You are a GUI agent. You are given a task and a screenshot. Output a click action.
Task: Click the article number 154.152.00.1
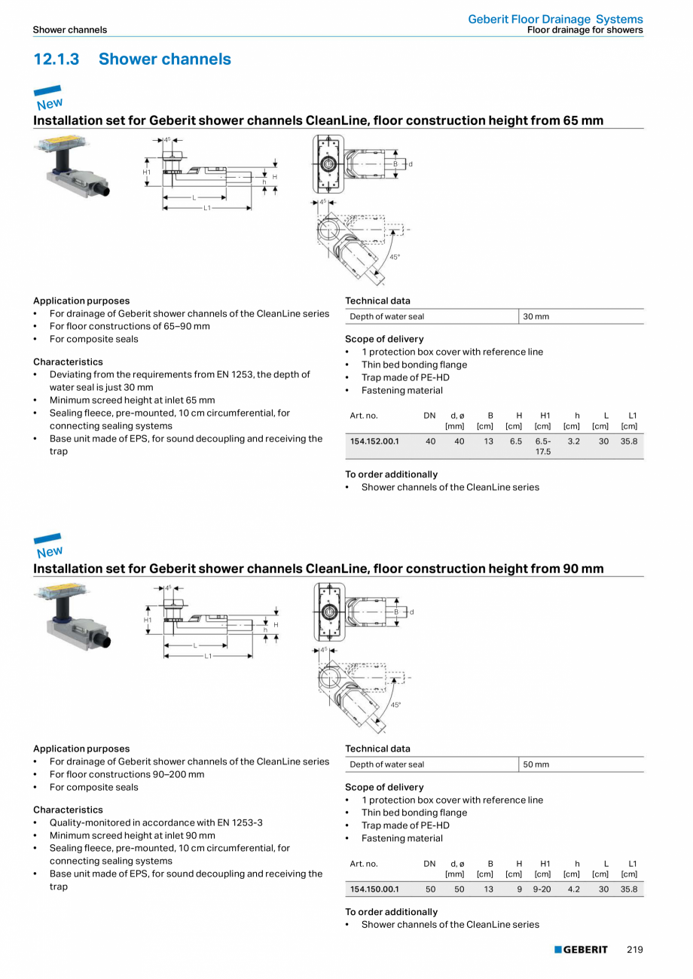(x=374, y=441)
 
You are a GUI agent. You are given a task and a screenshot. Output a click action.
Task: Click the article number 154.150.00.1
(x=374, y=889)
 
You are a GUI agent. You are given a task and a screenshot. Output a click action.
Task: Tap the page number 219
(x=634, y=950)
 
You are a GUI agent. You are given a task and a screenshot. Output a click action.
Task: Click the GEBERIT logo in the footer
(x=581, y=950)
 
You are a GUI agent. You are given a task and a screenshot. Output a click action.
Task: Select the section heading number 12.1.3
(x=56, y=59)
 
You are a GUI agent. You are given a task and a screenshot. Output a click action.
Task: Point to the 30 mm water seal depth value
(x=536, y=316)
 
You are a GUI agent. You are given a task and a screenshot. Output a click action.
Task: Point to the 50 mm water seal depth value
(x=536, y=764)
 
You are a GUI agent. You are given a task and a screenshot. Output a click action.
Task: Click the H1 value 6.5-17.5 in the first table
(x=542, y=446)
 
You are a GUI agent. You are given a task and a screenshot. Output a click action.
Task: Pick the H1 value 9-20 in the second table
(x=542, y=889)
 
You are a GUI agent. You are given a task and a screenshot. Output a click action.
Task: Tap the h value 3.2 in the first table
(x=573, y=441)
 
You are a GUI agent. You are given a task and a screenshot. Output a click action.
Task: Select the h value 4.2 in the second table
(x=573, y=889)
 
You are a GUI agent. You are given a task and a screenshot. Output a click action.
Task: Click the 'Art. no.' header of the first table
(x=364, y=416)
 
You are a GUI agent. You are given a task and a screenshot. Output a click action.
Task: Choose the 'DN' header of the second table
(x=429, y=864)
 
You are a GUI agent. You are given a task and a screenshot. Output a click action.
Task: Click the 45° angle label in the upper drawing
(x=394, y=258)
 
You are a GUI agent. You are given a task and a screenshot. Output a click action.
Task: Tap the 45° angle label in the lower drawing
(x=395, y=705)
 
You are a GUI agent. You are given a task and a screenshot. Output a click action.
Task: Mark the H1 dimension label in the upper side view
(x=147, y=172)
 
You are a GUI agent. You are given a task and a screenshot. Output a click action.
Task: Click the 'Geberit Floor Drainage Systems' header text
(x=555, y=20)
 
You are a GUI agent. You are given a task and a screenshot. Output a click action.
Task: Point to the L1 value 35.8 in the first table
(x=629, y=441)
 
